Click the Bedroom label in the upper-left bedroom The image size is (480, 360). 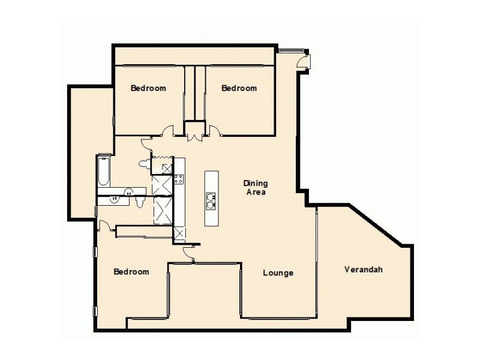tap(148, 88)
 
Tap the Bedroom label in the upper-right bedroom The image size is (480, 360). tap(239, 88)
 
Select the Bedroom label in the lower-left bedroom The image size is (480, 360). tap(131, 272)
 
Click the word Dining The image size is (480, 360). tap(255, 184)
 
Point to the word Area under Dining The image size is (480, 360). tap(255, 193)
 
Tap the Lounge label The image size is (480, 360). tap(278, 274)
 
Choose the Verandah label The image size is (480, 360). tap(364, 269)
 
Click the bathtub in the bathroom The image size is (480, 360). tap(104, 171)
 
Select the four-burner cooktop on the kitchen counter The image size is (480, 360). tap(178, 179)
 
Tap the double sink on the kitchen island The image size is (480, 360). tap(212, 200)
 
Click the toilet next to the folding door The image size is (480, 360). tap(144, 163)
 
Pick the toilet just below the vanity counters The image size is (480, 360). tap(139, 203)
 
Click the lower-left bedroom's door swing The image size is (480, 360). tap(104, 226)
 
